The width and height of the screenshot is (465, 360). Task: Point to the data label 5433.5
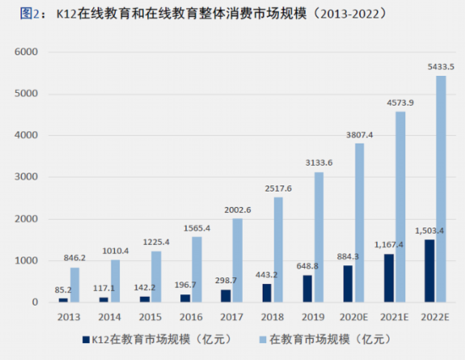[x=442, y=67]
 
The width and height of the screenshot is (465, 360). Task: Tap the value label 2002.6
[x=238, y=210]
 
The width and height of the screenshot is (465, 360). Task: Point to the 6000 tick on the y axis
[x=28, y=52]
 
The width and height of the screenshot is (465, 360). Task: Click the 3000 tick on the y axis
[x=28, y=177]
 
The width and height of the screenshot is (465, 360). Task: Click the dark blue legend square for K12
[x=85, y=341]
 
